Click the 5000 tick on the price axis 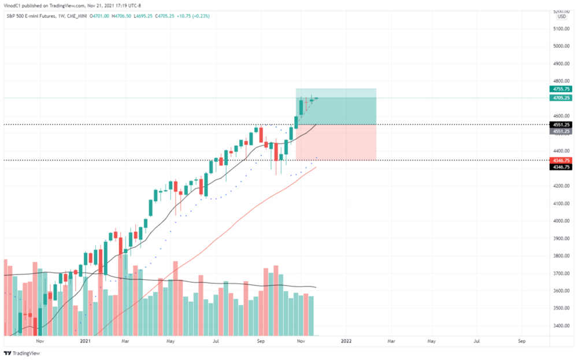559,46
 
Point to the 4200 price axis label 559,186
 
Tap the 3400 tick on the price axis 559,326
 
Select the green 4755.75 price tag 560,89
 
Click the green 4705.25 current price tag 560,98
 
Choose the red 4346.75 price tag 560,159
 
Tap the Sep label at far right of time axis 521,341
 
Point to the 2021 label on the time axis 85,341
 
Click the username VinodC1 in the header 16,6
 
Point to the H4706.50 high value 136,16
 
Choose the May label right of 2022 431,341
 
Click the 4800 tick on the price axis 559,81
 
